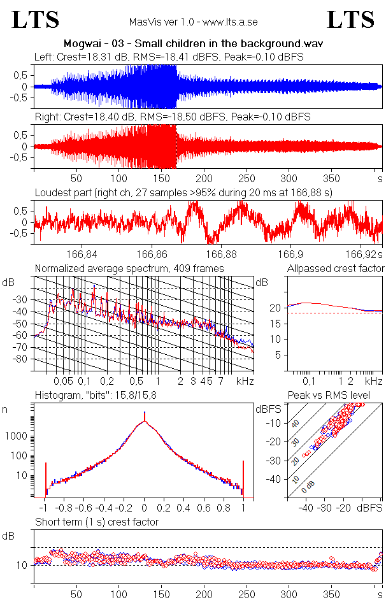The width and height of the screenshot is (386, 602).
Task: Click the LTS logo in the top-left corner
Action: pos(36,20)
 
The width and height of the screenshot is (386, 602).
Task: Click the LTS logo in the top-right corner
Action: pos(350,20)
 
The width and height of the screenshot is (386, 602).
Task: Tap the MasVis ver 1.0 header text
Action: pos(193,22)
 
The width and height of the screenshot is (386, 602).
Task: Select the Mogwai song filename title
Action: pos(193,44)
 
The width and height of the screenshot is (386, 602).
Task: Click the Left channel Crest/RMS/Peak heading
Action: pos(169,57)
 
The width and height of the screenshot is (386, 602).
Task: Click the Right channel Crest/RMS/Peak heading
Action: pos(172,117)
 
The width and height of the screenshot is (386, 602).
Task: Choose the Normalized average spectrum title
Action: pos(129,268)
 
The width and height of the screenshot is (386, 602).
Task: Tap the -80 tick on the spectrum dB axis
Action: pos(23,359)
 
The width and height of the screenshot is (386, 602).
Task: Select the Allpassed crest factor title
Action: pos(336,268)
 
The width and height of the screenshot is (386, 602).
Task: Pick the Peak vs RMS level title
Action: pos(335,396)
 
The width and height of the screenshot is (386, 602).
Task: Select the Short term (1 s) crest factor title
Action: pos(96,522)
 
